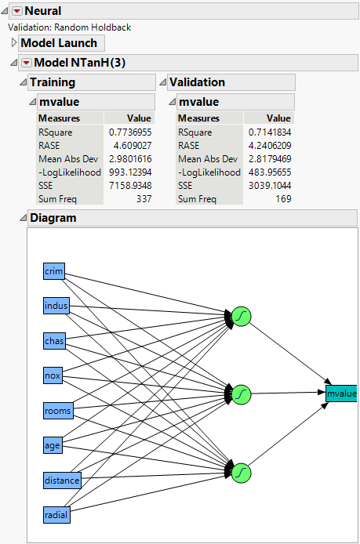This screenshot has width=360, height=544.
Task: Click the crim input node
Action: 53,271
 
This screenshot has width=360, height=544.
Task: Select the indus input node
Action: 56,306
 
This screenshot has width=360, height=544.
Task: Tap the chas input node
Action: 54,341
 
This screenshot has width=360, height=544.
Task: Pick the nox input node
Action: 52,375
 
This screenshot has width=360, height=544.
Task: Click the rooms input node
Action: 57,410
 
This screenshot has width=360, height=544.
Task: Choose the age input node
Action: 52,445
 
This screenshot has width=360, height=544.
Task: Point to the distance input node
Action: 62,480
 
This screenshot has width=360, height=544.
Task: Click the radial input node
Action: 56,514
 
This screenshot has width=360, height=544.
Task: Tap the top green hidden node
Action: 242,317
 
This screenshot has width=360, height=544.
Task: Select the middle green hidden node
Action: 242,393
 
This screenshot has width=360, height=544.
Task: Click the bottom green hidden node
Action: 242,471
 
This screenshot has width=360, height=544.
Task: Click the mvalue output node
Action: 341,393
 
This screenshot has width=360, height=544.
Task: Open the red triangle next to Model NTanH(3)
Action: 26,63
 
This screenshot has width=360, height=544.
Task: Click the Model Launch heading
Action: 59,43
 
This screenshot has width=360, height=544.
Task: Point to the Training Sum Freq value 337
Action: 142,199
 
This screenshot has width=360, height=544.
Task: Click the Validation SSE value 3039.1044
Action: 268,186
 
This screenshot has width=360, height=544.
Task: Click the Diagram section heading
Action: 53,218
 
